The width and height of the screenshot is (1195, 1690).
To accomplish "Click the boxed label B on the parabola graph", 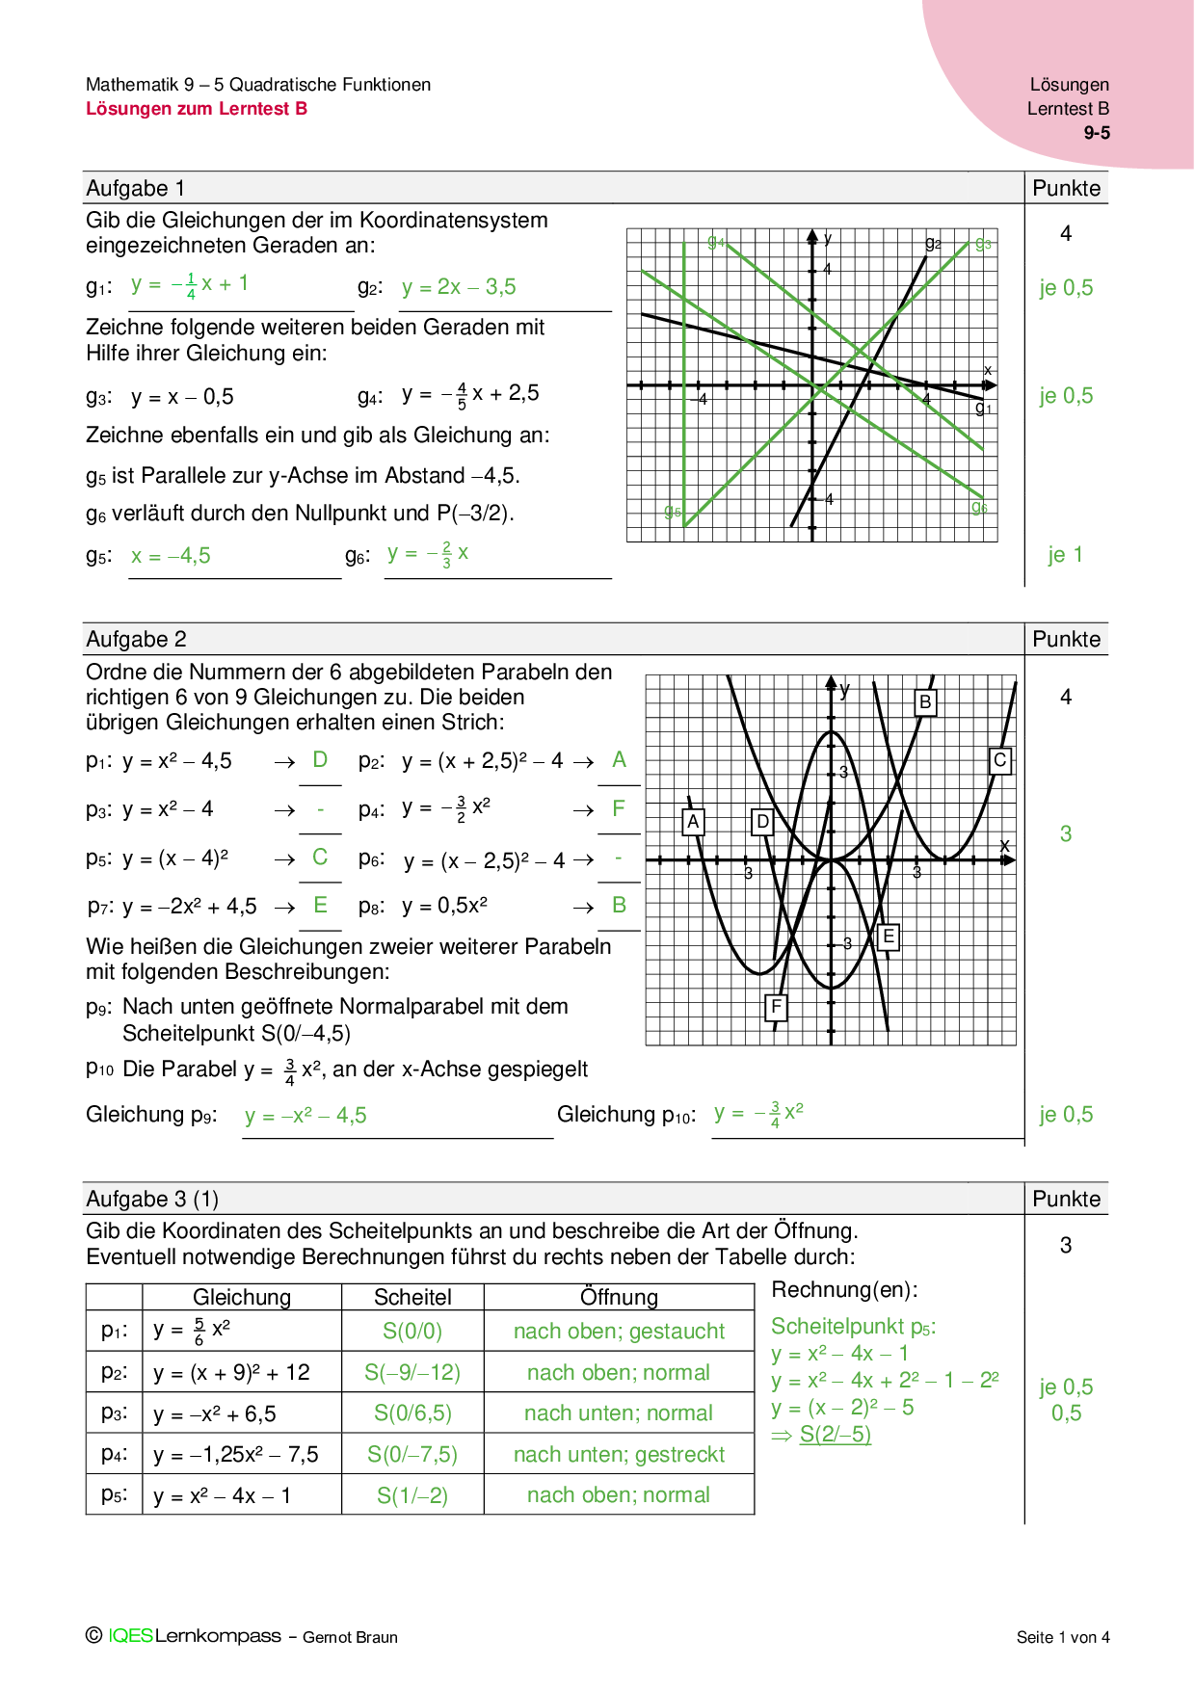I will coord(925,702).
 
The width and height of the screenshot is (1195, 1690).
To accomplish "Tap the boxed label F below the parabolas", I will coord(776,1008).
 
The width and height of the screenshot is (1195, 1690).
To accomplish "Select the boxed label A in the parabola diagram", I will coord(693,822).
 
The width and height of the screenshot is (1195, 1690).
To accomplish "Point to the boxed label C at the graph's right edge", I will coord(1000,760).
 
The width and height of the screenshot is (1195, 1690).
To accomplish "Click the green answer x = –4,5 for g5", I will coord(171,556).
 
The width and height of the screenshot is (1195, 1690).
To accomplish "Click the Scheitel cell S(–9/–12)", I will coord(412,1372).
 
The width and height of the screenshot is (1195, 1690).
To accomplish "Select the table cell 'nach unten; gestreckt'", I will coord(619,1455).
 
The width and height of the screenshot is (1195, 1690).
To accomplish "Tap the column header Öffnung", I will coord(619,1297).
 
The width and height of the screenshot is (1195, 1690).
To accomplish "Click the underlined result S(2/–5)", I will coord(835,1435).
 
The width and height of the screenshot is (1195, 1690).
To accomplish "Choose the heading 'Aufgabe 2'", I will coord(136,639).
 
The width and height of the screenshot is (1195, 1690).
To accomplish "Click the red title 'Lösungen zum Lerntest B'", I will coord(197,109).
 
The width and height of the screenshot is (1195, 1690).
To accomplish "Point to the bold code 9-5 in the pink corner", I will coord(1097,133).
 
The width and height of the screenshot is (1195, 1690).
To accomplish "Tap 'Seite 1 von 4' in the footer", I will coord(1063,1637).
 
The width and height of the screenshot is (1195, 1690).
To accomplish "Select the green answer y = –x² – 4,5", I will coord(305,1116).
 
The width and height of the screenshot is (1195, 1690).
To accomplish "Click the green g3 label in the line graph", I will coord(983,244).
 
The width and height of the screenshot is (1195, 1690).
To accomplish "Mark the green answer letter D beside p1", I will coord(320,760).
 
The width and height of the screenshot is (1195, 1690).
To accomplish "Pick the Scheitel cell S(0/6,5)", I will coord(412,1413).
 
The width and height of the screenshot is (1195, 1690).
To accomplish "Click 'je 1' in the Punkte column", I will coord(1065,555).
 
